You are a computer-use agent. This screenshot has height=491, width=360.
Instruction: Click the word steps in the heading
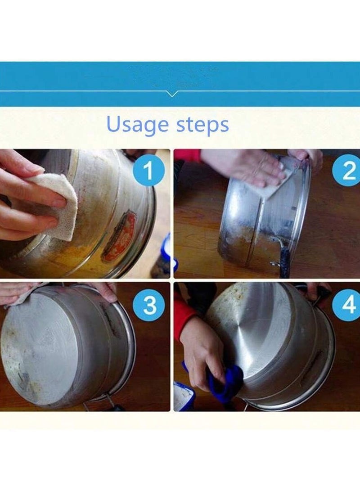(202, 126)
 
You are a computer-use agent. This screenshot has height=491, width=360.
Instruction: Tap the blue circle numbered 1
(149, 171)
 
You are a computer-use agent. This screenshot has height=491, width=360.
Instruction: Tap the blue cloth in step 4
(225, 383)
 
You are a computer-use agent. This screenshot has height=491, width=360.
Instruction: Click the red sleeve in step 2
(187, 155)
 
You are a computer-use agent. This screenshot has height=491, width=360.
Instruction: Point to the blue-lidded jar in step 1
(165, 257)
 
